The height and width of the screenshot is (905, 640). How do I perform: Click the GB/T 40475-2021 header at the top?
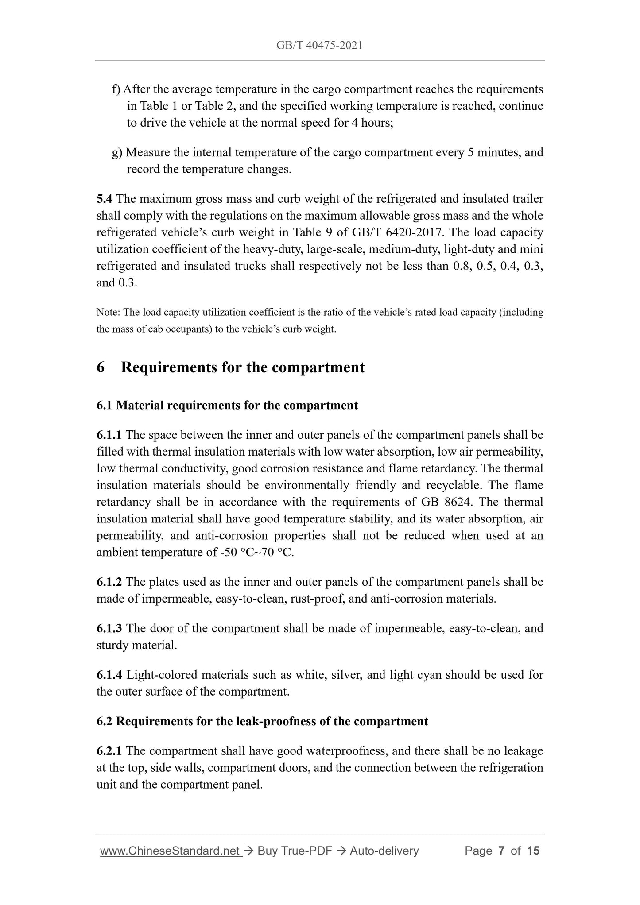tap(319, 46)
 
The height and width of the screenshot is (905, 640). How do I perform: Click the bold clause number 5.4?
tap(105, 199)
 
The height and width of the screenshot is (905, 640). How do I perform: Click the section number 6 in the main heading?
tap(101, 367)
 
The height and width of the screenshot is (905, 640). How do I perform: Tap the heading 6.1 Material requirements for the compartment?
tap(227, 406)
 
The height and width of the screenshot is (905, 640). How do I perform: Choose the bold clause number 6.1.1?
tap(109, 435)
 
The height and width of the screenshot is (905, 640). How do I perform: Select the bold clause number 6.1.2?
tap(109, 582)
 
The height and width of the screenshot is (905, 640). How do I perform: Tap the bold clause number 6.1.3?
tap(109, 629)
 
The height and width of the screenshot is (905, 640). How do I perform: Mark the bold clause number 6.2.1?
tap(109, 751)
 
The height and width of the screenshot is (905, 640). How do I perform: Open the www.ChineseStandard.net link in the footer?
tap(171, 851)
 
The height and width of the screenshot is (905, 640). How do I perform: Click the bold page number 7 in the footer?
tap(501, 851)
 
